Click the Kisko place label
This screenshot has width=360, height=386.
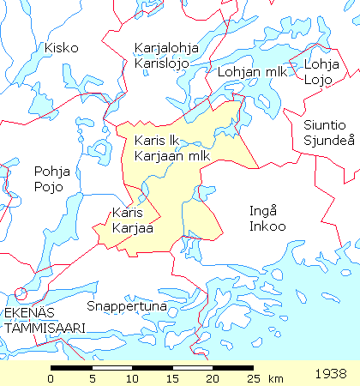62,48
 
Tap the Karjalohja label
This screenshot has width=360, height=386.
166,48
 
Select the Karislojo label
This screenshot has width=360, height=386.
161,63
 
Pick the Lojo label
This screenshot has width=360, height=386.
317,80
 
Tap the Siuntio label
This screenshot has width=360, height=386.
323,125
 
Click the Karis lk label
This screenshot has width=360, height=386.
156,141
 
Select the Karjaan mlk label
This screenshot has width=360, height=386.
172,155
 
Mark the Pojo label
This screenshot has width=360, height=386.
47,185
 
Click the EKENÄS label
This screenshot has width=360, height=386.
31,313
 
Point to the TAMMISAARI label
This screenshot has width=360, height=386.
42,328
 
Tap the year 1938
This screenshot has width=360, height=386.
331,374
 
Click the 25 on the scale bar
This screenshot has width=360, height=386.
253,378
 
